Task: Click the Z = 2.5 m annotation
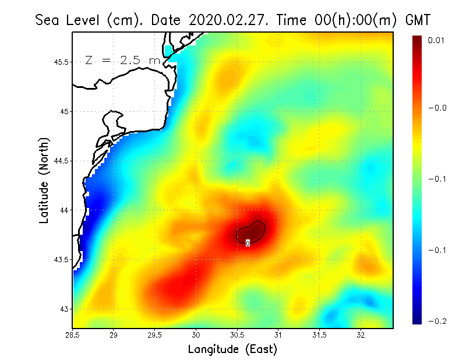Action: pos(122,60)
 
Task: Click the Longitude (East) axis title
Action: pos(232,349)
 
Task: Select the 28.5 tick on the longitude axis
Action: pos(73,334)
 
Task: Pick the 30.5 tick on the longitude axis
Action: pos(237,334)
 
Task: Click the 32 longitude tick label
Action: pos(361,334)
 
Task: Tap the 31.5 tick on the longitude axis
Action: pos(319,334)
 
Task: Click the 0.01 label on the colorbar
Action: pos(437,40)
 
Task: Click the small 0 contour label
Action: pos(248,243)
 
